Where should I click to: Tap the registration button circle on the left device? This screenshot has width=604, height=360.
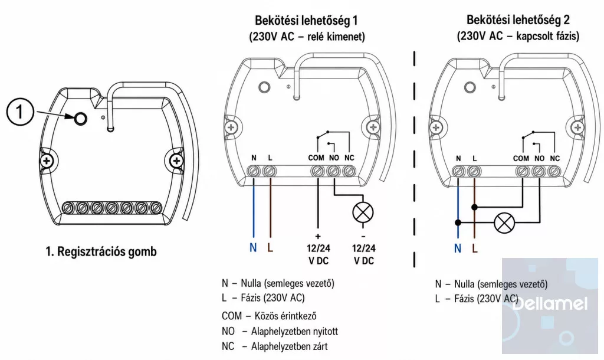80,119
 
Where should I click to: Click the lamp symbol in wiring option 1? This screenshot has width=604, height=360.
363,212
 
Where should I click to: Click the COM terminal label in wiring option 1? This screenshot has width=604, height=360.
316,158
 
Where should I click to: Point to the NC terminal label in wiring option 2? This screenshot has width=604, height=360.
554,158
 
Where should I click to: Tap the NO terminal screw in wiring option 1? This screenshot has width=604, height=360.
333,171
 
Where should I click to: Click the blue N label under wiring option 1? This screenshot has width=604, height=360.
253,247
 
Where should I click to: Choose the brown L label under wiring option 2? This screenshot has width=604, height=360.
475,248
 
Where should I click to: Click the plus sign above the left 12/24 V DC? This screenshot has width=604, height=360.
318,236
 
